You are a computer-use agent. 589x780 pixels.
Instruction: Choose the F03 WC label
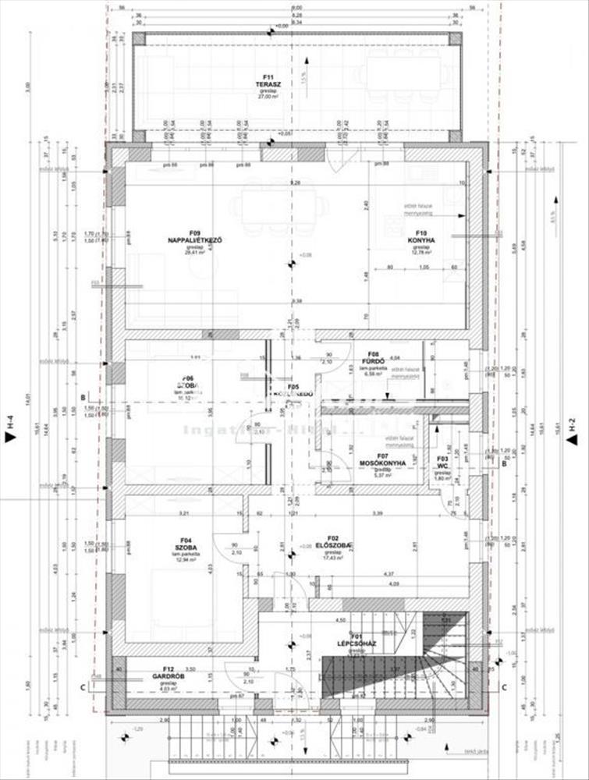point(442,461)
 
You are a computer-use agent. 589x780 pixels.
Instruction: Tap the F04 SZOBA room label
point(185,543)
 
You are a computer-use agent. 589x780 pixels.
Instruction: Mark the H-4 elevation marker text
point(11,424)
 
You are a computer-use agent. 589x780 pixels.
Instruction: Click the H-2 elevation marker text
point(574,424)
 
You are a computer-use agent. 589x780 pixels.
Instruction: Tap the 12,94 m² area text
point(185,559)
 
